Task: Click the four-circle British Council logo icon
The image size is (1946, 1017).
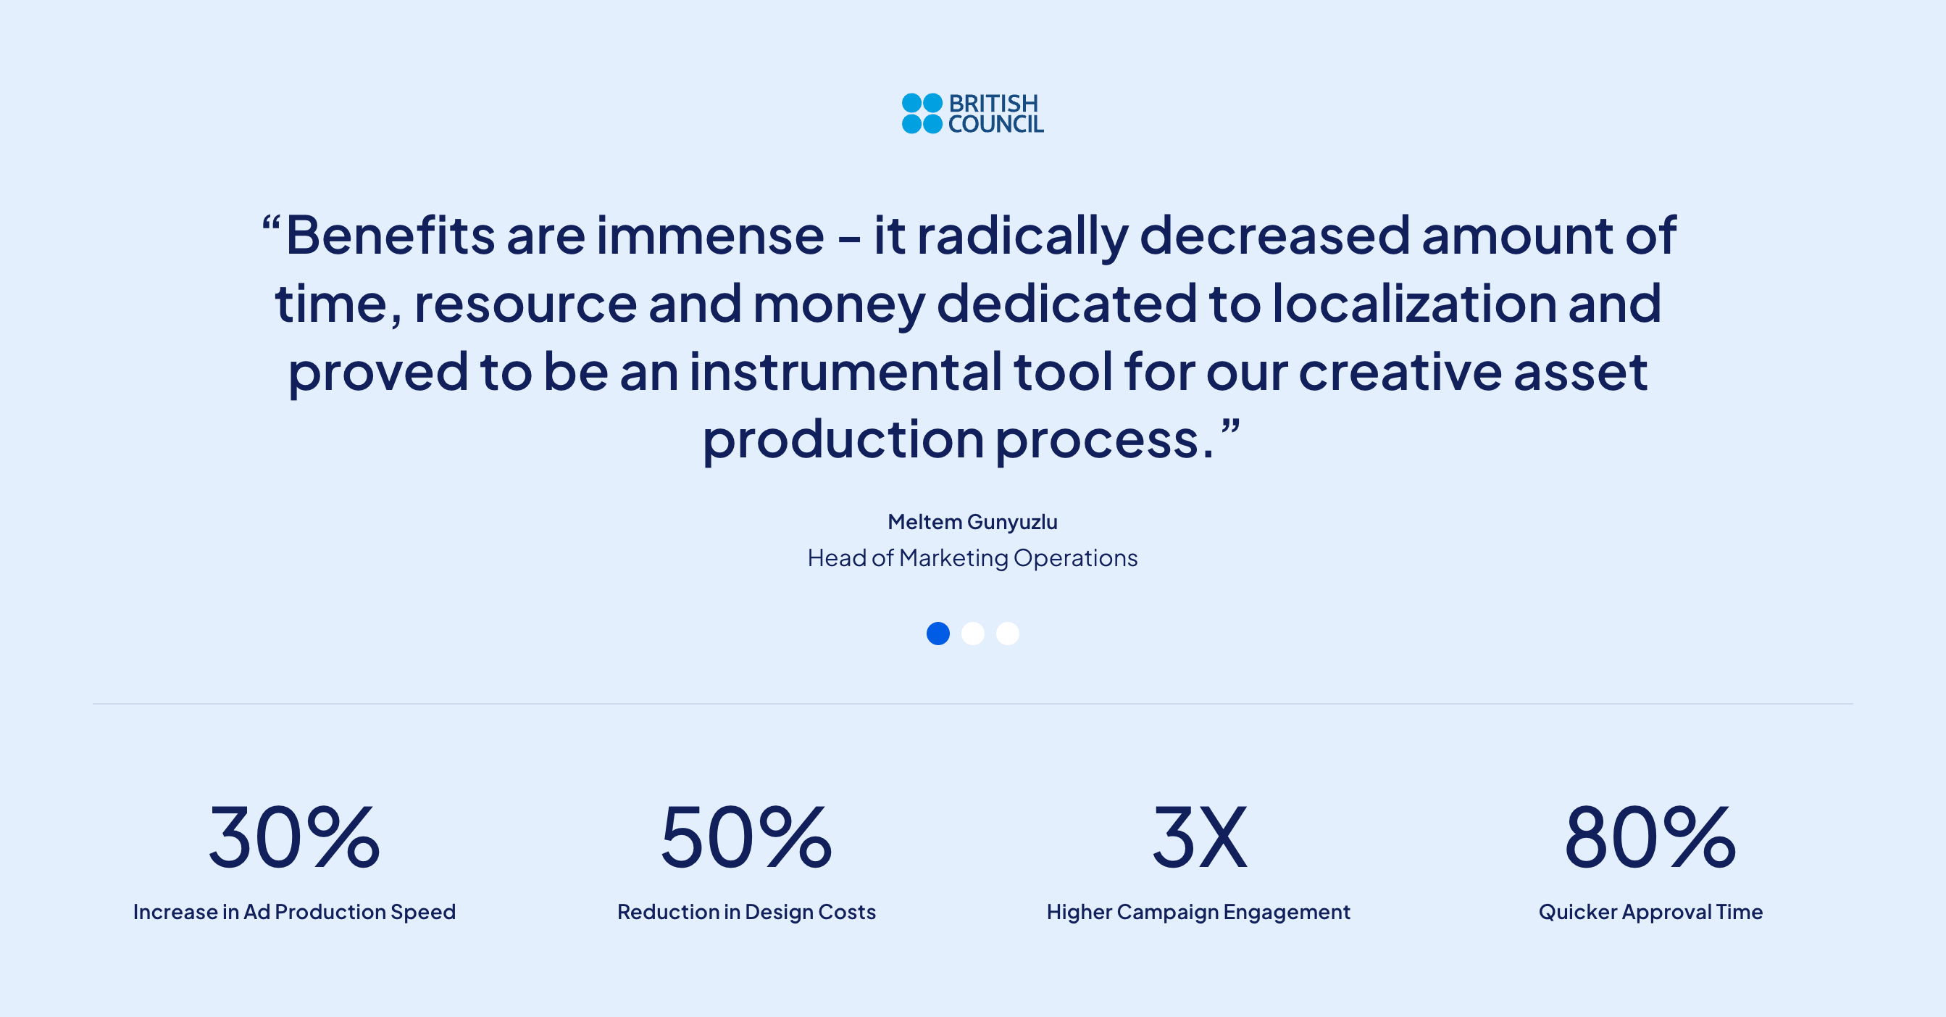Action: tap(922, 113)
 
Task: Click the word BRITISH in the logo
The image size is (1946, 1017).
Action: tap(993, 103)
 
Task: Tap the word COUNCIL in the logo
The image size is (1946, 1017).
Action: tap(995, 124)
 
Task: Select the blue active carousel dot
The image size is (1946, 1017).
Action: tap(938, 633)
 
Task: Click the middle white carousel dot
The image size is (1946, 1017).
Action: tap(973, 633)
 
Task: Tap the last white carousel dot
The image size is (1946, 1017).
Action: tap(1008, 633)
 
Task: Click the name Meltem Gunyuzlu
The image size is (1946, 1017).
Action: tap(972, 522)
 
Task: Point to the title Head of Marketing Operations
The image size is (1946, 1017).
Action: tap(972, 558)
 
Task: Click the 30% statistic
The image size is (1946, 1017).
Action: tap(294, 837)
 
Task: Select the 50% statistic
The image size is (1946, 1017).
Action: tap(746, 837)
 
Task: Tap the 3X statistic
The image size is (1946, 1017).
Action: tap(1199, 837)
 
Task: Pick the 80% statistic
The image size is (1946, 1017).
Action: tap(1650, 837)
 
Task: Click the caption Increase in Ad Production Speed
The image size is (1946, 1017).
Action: tap(294, 912)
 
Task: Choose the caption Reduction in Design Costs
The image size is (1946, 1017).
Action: tap(746, 912)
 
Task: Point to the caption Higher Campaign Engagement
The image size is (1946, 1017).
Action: tap(1199, 912)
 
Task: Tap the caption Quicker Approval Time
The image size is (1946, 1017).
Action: tap(1650, 912)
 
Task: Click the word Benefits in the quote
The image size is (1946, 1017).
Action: tap(390, 235)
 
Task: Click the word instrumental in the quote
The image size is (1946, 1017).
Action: tap(845, 372)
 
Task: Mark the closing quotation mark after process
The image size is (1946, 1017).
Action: tap(1231, 426)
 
